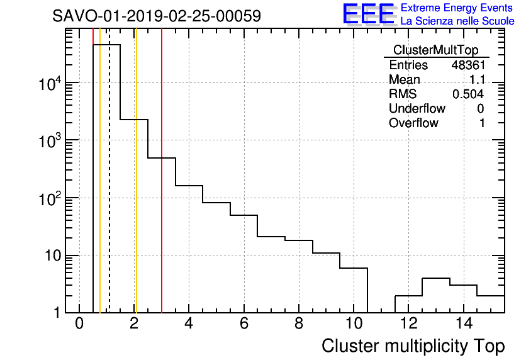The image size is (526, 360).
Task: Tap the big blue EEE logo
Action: pos(369,14)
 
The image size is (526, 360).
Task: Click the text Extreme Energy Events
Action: pos(457,8)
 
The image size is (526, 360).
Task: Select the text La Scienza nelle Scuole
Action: pos(457,21)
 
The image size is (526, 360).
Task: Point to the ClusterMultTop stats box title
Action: pos(435,50)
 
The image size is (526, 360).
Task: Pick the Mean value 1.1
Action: pos(476,80)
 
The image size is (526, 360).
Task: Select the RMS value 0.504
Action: pos(467,94)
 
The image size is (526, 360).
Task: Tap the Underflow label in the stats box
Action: pos(417,109)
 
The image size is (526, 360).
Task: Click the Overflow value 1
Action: pos(481,123)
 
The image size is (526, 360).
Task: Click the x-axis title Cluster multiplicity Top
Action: pos(413,346)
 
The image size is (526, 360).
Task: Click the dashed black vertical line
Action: pos(109,189)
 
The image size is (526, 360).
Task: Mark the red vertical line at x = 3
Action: pos(162,189)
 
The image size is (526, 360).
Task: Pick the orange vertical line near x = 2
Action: pos(136,189)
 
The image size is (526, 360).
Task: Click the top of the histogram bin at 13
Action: pos(435,278)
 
